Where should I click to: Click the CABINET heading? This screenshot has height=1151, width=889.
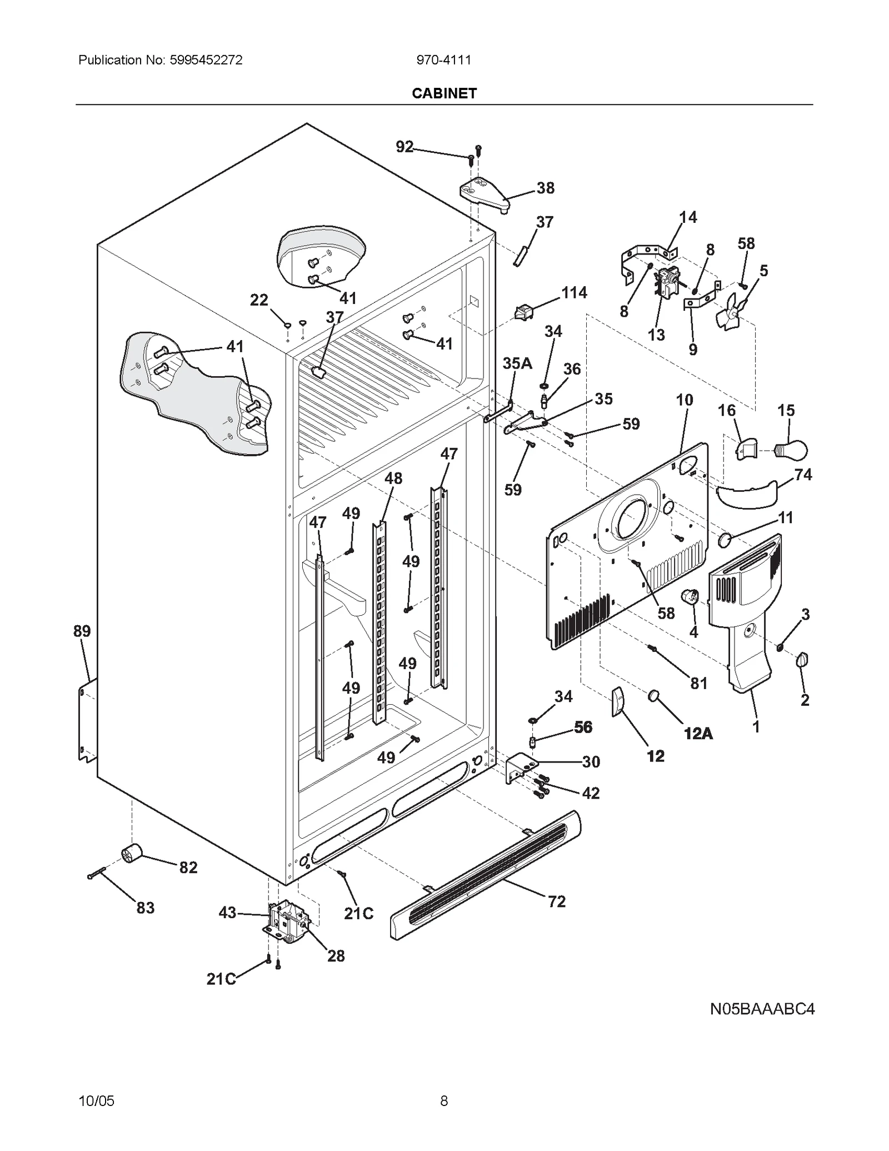click(x=444, y=93)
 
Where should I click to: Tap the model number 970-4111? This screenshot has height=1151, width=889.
click(x=444, y=60)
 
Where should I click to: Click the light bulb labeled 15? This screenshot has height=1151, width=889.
click(x=792, y=449)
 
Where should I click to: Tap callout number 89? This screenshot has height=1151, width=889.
click(x=82, y=631)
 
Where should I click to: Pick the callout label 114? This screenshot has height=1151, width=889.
click(x=574, y=292)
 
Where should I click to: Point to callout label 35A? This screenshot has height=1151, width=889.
click(x=517, y=363)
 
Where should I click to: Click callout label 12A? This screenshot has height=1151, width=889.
click(x=698, y=734)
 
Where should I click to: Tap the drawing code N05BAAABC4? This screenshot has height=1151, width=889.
click(x=762, y=1024)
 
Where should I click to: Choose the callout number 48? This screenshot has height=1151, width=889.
click(x=393, y=478)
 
